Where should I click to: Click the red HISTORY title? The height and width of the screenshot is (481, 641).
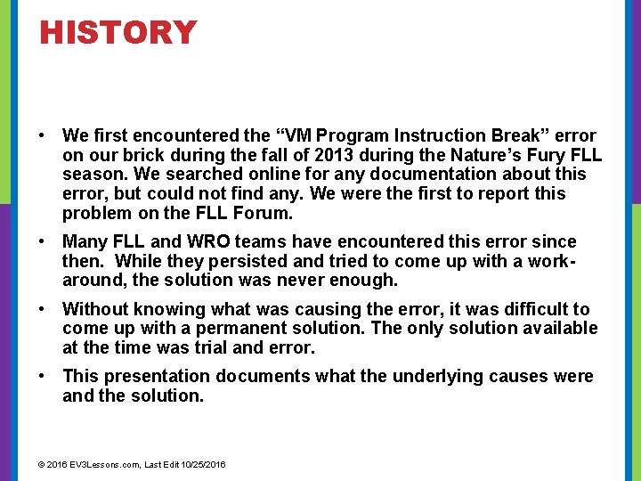pos(118,33)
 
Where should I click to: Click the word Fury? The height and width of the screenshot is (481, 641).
pos(542,155)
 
